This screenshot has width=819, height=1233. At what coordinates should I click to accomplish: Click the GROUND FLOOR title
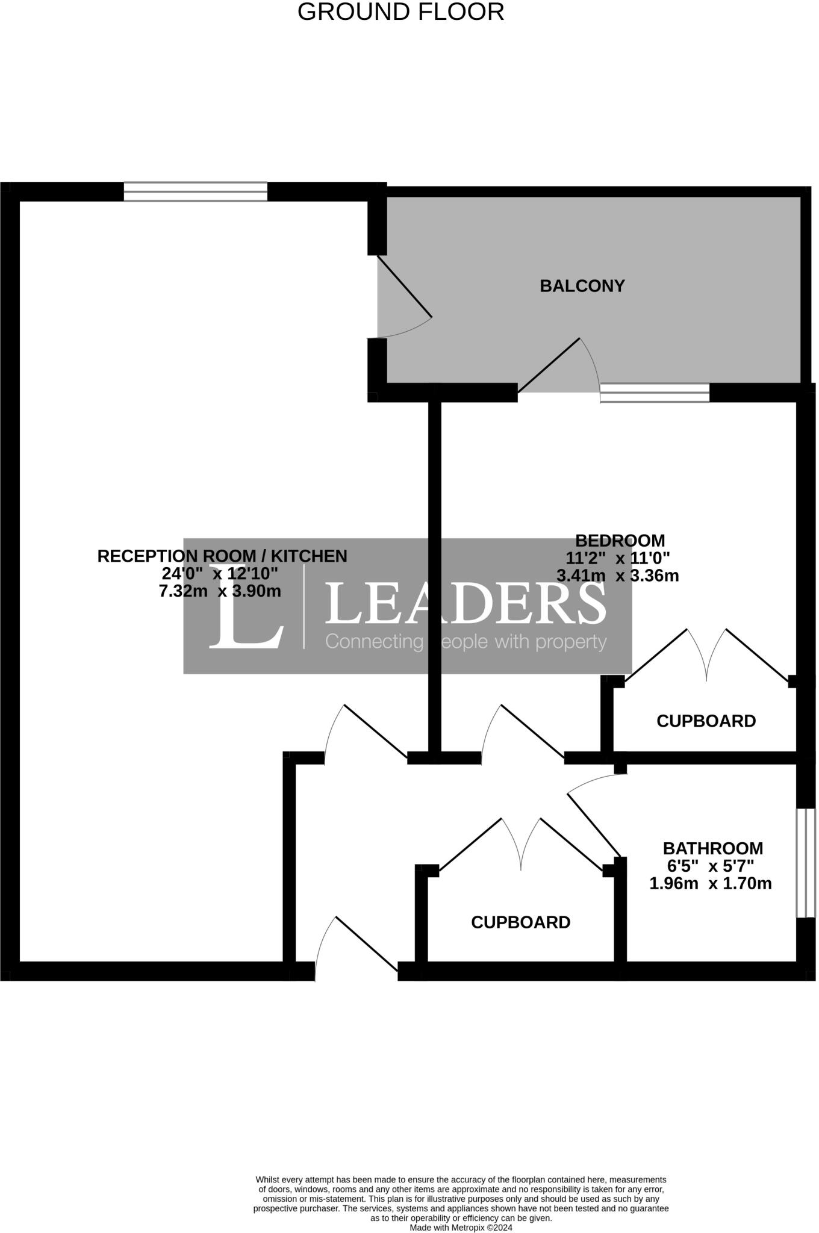(x=400, y=12)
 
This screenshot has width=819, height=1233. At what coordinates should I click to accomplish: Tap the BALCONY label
(x=582, y=286)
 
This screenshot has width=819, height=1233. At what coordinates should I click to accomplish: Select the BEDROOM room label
(x=620, y=540)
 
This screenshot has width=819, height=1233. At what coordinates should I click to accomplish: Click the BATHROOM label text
(x=712, y=848)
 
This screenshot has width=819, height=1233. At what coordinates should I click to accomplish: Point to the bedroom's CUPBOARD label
(x=706, y=721)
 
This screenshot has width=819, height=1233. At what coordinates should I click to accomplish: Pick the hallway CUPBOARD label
(x=520, y=922)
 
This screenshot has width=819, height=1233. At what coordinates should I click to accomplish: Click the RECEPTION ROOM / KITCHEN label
(x=222, y=556)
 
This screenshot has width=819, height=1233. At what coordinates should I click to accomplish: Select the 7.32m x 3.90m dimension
(x=220, y=591)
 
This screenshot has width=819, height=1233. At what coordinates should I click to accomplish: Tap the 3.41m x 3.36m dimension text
(x=618, y=576)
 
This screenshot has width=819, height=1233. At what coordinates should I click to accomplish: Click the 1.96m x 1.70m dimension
(x=710, y=884)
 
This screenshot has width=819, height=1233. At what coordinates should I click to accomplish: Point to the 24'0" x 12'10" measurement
(x=220, y=573)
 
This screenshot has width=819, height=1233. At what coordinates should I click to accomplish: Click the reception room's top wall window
(x=195, y=191)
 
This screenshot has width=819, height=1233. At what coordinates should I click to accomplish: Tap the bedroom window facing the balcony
(x=655, y=393)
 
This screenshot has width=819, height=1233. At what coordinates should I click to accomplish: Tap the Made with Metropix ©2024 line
(x=461, y=1227)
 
